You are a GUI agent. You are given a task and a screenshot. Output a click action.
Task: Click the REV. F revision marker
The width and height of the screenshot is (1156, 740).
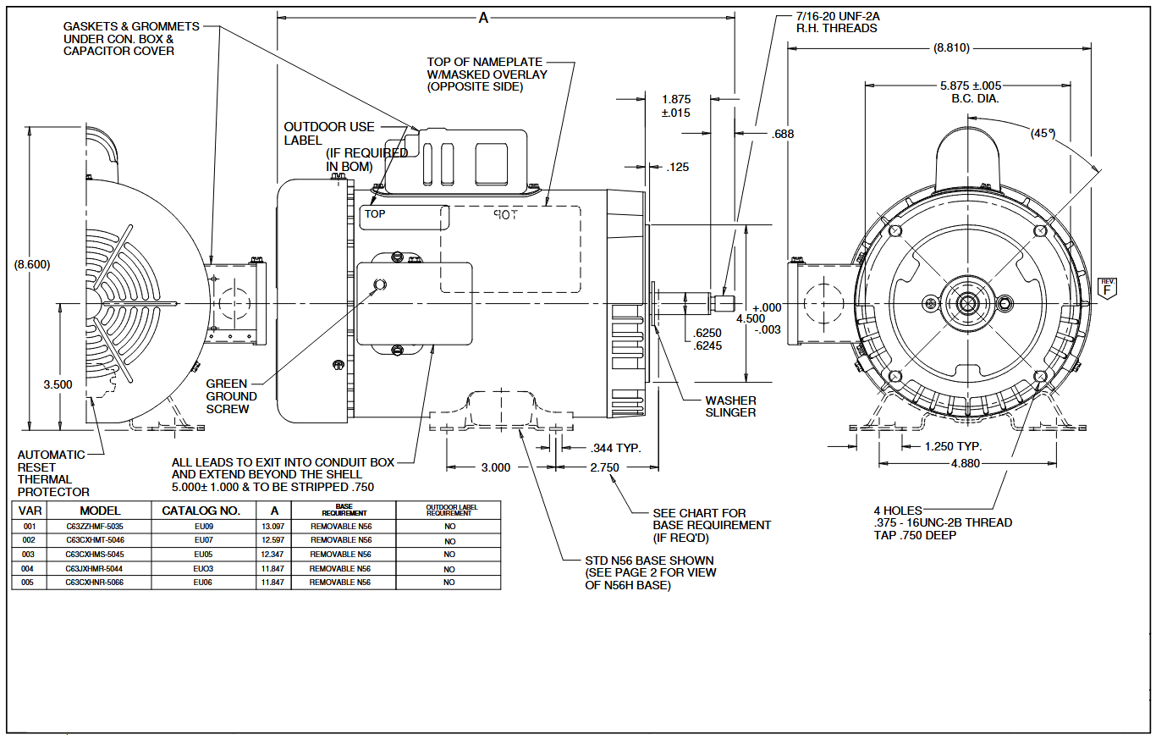coord(1107,289)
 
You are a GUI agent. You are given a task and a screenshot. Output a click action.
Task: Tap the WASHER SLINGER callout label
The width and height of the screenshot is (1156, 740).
coord(730,406)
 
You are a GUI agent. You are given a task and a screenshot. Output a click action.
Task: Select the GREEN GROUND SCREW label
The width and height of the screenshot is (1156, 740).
coord(231,396)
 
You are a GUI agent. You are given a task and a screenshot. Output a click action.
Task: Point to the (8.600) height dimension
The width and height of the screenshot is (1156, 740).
coord(32,264)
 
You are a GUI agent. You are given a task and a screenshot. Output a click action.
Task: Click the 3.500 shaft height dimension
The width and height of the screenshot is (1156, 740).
coord(58,384)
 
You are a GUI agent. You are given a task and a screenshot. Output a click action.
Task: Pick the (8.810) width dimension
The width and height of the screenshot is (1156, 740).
coord(951,48)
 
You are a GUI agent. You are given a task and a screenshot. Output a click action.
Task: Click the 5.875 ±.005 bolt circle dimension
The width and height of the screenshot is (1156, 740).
coord(971,92)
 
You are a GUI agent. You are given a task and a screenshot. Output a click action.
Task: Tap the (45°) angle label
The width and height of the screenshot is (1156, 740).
coord(1043,133)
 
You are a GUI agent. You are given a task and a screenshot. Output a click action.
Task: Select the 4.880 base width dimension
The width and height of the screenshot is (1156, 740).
coord(965,463)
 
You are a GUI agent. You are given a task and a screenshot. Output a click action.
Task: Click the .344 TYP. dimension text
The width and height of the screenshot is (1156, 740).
coord(616,448)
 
